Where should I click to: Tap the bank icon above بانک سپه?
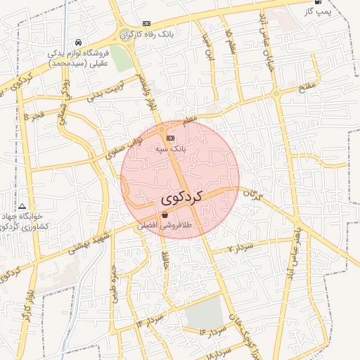click(170, 138)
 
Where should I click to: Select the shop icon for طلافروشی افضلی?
click(165, 215)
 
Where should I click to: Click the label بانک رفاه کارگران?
click(146, 34)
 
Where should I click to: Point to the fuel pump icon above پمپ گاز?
click(317, 2)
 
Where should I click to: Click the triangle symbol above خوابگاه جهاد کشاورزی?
click(23, 205)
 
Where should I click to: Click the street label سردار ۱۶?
click(211, 331)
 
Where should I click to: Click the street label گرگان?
click(252, 195)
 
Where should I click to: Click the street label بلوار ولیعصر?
click(146, 94)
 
